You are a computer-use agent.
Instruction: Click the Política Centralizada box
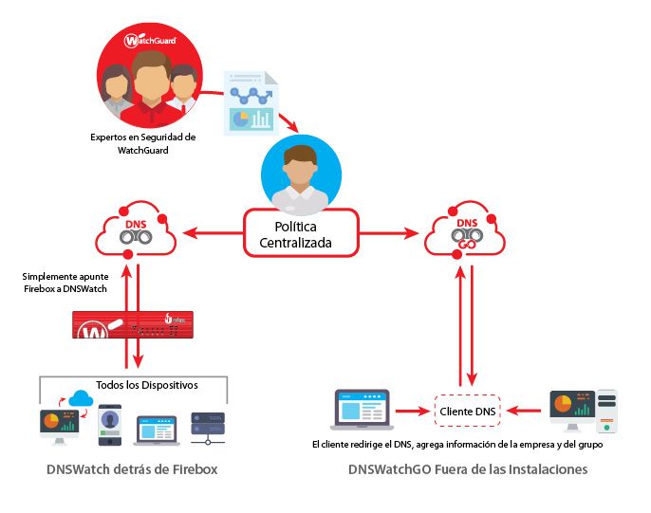point(301,232)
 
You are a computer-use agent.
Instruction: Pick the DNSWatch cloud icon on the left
point(134,231)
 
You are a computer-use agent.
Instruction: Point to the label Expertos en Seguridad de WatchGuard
point(142,143)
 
